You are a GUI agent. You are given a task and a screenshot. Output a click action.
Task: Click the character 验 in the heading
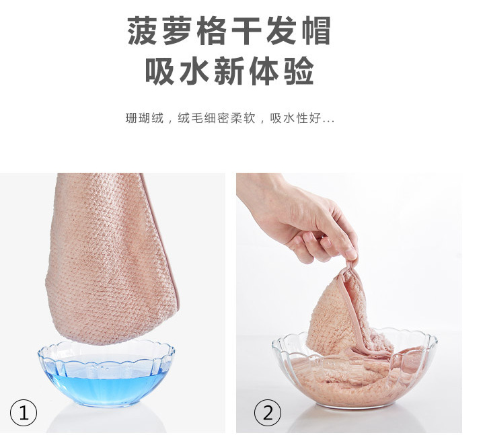(x=299, y=72)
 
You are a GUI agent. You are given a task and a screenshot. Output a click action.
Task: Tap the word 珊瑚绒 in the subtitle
(x=144, y=119)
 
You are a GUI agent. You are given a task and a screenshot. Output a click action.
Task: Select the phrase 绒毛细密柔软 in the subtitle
(x=217, y=119)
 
